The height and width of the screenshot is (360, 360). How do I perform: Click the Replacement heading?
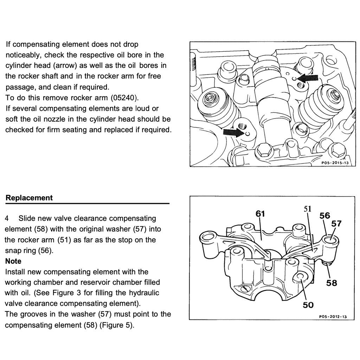pos(29,198)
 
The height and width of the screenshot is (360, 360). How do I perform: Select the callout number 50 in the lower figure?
pos(308,305)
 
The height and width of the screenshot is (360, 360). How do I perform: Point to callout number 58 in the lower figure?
pos(332,283)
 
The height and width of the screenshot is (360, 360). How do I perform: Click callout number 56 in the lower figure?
pos(324,216)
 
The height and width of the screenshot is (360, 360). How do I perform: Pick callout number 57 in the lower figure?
pos(336,223)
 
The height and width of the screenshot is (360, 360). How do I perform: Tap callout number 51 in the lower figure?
pos(308,209)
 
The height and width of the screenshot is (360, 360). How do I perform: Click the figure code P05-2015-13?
pos(335,163)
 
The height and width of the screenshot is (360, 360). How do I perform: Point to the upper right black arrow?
pos(307,77)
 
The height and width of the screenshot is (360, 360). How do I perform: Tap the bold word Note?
pos(13,261)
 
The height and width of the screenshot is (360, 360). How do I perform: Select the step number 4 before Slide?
pos(7,219)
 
